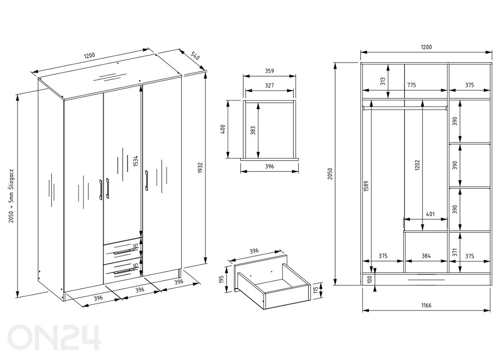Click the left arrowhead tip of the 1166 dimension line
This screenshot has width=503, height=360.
point(363,311)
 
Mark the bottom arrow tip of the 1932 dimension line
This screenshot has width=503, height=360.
point(205,263)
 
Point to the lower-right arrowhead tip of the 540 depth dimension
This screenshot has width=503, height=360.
point(205,70)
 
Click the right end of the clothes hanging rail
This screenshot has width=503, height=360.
point(447,108)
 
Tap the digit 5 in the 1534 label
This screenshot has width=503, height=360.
point(135,163)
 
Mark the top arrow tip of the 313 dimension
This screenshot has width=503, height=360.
point(389,65)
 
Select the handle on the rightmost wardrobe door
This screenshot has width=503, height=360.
point(146,181)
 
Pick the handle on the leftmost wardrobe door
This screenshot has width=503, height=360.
point(101,189)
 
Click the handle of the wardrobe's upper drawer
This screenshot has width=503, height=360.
point(123,251)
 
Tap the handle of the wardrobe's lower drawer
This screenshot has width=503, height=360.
point(124,271)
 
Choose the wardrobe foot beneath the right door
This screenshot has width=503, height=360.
point(180,273)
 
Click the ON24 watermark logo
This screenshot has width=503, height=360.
point(54,337)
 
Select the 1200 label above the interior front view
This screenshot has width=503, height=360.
point(426,47)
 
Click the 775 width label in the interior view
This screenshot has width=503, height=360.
point(412,85)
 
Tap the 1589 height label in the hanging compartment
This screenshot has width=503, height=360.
point(366,186)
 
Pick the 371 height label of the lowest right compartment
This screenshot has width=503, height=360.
point(455,252)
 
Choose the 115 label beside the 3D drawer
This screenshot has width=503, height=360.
point(316,290)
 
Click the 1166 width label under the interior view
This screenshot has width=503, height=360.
point(426,305)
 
